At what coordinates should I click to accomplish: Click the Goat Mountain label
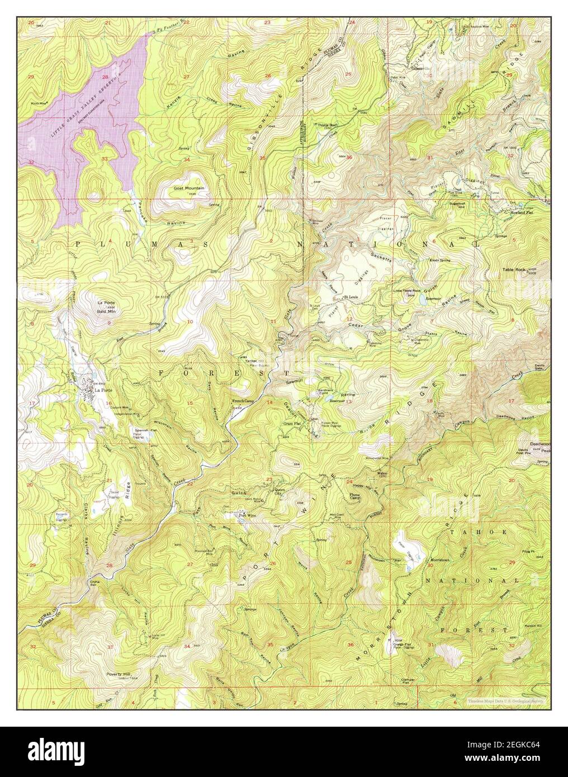pos(188,189)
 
